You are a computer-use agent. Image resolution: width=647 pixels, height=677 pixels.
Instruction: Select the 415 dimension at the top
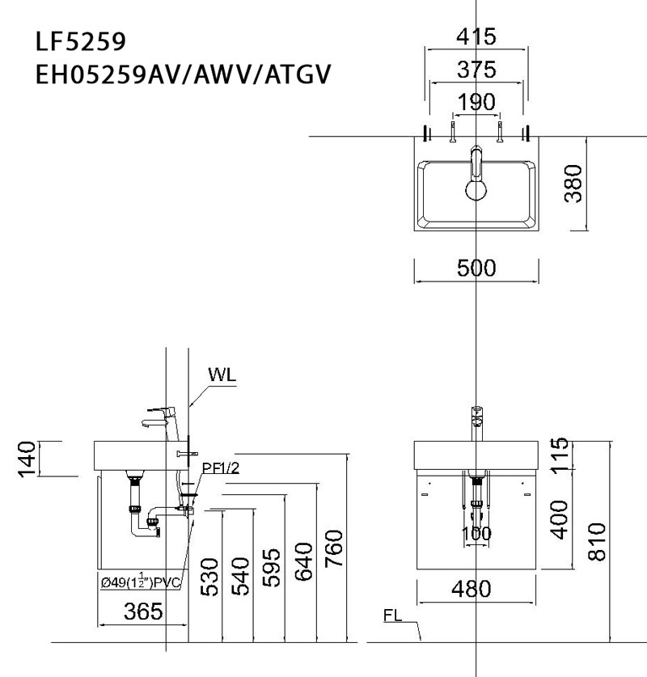[476, 37]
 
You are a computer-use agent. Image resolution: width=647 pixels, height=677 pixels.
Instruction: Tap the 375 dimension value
[476, 70]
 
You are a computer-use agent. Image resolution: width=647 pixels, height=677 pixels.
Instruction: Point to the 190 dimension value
[476, 103]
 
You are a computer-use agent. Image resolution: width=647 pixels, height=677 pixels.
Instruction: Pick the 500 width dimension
[476, 269]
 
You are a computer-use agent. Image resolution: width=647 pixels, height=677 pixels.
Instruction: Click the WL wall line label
[222, 375]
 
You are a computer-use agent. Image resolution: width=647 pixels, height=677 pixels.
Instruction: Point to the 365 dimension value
[142, 611]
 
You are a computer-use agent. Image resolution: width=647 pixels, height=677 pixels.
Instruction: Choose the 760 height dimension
[335, 549]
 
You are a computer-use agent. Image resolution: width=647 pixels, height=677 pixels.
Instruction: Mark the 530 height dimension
[209, 576]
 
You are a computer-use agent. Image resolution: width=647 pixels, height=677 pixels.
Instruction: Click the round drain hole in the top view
[476, 190]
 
